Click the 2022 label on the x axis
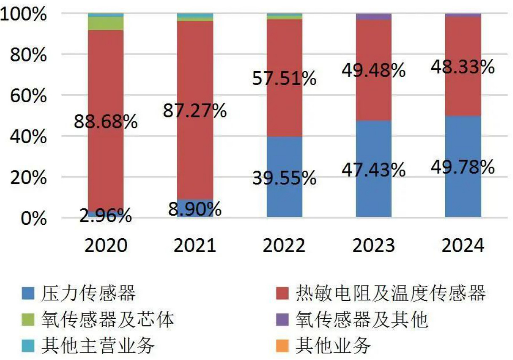click(x=284, y=245)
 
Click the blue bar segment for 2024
click(x=463, y=194)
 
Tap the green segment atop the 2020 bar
click(x=106, y=24)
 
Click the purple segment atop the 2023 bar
click(x=374, y=16)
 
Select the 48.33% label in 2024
click(x=463, y=67)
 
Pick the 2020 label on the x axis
click(x=106, y=245)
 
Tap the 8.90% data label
click(x=195, y=209)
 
